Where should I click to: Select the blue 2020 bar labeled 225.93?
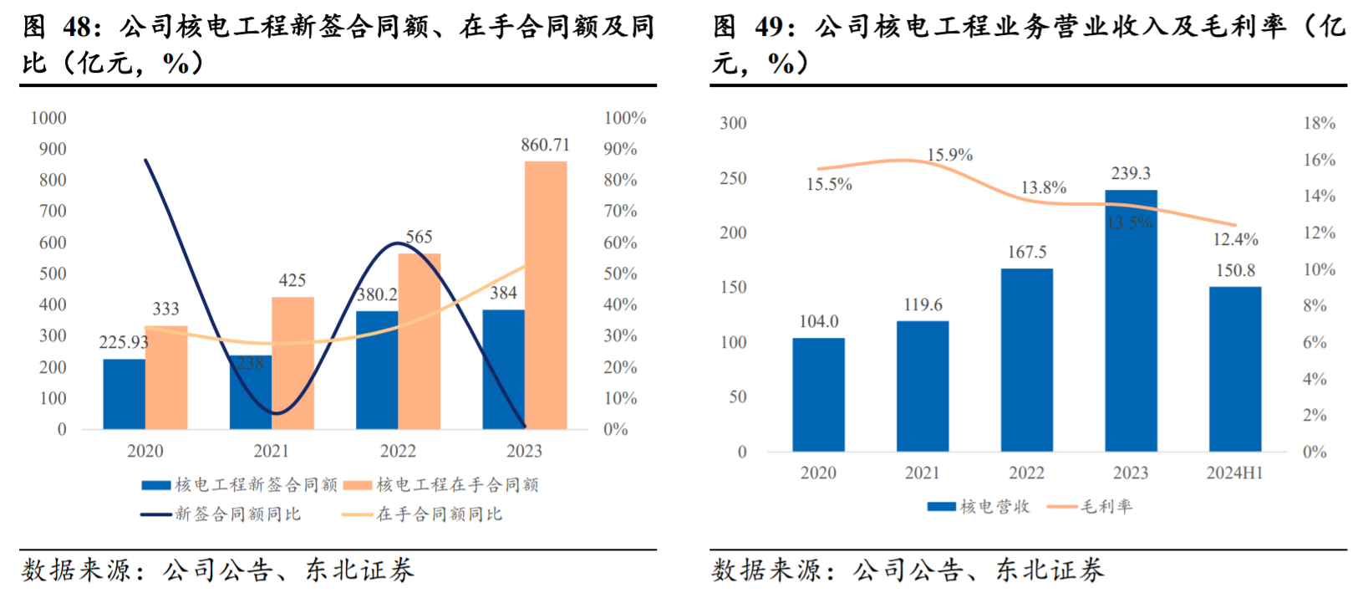[x=124, y=394]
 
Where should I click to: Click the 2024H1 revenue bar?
[x=1234, y=369]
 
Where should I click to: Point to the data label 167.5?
[x=1027, y=253]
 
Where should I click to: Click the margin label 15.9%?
[x=949, y=156]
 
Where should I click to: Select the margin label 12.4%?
[x=1235, y=240]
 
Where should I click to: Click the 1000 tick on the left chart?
[x=48, y=119]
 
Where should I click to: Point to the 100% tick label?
[x=624, y=119]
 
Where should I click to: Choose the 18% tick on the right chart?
[x=1319, y=124]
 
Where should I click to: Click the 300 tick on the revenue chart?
[x=733, y=124]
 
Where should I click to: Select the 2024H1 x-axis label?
[x=1234, y=473]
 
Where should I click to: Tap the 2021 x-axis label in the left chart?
[x=272, y=452]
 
